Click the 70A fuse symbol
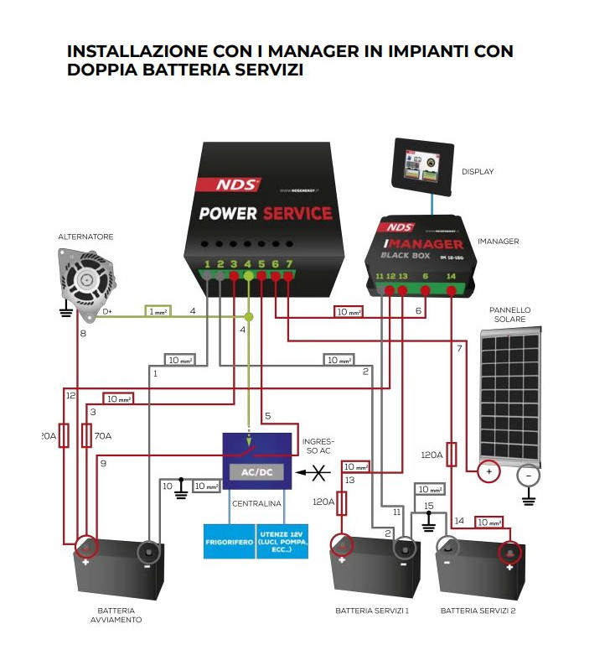(x=86, y=436)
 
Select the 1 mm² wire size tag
(x=158, y=311)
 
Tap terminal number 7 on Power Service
(x=289, y=266)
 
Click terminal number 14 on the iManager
(x=452, y=276)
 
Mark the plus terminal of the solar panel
(x=489, y=473)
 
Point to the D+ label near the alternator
(x=106, y=311)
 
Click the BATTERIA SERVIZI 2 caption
(x=478, y=611)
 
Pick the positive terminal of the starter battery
(x=85, y=549)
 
